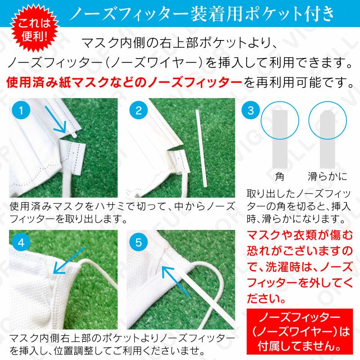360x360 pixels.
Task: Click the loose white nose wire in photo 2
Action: (199, 142)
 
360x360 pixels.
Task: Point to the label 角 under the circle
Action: (280, 176)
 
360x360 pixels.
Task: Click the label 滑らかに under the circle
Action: (327, 176)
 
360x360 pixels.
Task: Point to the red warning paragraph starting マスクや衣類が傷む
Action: (301, 266)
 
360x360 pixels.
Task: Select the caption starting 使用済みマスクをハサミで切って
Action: (121, 212)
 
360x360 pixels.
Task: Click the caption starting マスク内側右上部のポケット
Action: (121, 344)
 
